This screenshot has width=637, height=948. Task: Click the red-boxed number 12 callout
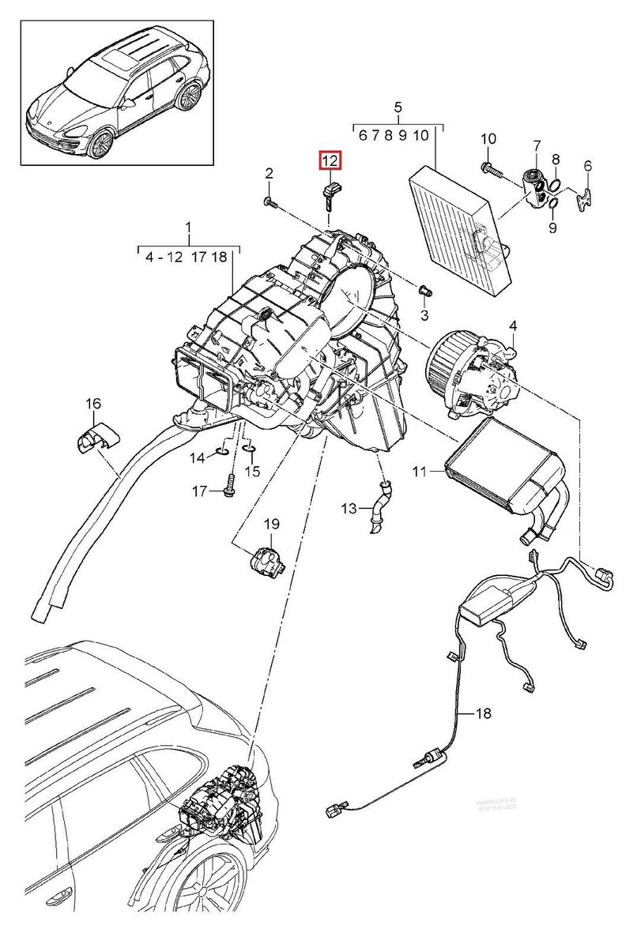click(330, 160)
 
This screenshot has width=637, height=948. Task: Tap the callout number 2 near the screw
click(269, 174)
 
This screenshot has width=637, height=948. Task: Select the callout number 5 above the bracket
click(398, 107)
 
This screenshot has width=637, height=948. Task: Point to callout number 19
click(271, 524)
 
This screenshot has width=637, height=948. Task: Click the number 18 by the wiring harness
click(482, 713)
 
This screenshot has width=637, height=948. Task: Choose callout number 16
click(94, 404)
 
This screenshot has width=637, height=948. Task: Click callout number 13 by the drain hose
click(349, 508)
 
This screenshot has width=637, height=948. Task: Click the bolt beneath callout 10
click(492, 168)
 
